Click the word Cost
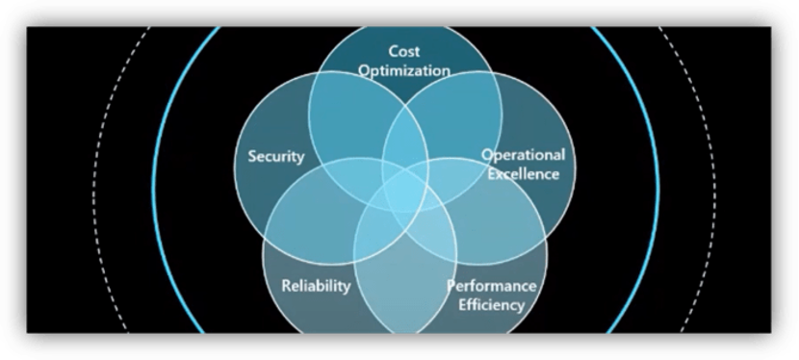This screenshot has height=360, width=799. [x=405, y=50]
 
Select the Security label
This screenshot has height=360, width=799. [x=275, y=157]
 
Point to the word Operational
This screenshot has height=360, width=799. [x=523, y=155]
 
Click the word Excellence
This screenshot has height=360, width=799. [x=523, y=174]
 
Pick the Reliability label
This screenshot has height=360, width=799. [x=316, y=286]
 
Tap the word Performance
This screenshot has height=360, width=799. [x=491, y=286]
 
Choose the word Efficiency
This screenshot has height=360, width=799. [x=491, y=305]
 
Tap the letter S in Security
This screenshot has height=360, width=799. [x=252, y=157]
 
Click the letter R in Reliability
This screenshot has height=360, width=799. [x=286, y=286]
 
